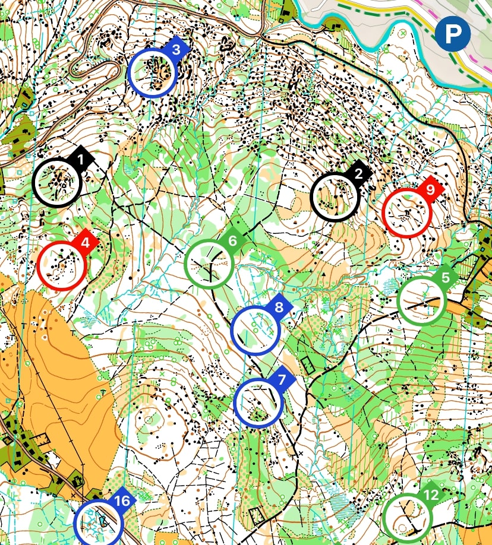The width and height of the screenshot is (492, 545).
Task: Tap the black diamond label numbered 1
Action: click(x=81, y=159)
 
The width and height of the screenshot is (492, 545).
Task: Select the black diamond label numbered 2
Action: click(x=358, y=174)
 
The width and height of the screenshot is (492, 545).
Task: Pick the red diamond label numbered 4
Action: click(x=86, y=243)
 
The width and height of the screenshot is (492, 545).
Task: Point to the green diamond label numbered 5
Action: click(x=445, y=278)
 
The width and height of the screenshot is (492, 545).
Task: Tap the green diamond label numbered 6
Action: click(x=232, y=241)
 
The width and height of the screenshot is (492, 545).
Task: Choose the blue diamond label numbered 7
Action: click(x=282, y=379)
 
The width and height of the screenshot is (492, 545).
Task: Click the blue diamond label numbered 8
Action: click(x=279, y=308)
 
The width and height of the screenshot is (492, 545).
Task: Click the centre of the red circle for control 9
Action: click(x=406, y=212)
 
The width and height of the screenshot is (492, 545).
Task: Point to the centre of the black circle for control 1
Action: click(x=57, y=182)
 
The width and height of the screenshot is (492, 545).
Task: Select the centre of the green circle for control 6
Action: click(x=209, y=264)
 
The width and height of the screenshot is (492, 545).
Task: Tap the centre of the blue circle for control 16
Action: click(x=99, y=523)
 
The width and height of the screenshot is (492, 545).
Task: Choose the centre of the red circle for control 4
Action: click(x=62, y=266)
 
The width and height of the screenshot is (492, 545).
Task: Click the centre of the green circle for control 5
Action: click(x=421, y=300)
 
